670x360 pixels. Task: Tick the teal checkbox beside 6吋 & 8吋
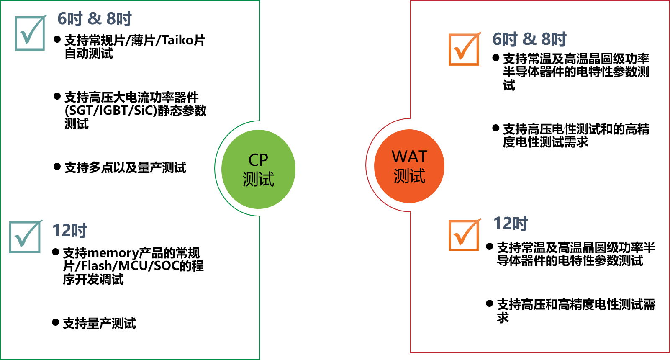[x=30, y=33]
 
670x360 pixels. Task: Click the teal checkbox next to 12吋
[x=25, y=237]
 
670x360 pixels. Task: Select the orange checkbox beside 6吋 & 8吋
[x=464, y=49]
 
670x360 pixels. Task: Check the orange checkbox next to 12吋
[x=464, y=235]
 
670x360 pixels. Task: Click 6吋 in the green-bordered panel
[x=70, y=19]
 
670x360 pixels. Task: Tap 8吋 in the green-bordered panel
[x=119, y=19]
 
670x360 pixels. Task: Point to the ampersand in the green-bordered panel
[x=95, y=19]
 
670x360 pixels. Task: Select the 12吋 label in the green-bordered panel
[x=69, y=231]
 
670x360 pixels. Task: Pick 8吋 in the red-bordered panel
[x=554, y=39]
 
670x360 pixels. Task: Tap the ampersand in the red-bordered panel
[x=529, y=39]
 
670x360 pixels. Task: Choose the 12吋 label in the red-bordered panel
[x=511, y=224]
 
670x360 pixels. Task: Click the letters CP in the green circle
[x=258, y=160]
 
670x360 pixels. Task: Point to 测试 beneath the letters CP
[x=258, y=179]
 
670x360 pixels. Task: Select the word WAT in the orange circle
[x=409, y=157]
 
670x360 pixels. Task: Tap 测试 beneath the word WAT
[x=409, y=176]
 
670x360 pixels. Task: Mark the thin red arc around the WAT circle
[x=366, y=165]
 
